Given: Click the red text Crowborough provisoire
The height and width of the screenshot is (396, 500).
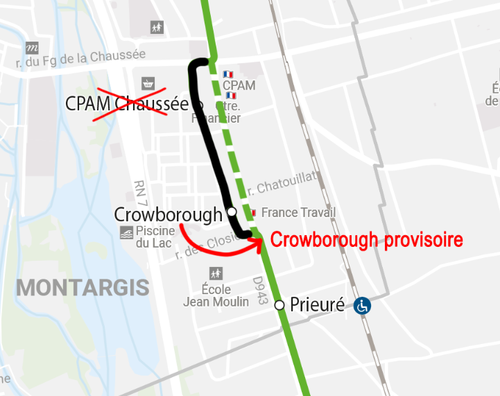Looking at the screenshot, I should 366,240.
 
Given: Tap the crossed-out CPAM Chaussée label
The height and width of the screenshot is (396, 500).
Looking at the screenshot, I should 127,104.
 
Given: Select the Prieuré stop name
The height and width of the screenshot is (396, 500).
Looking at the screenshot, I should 317,304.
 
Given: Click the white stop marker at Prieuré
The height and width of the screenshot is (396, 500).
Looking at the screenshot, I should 279,305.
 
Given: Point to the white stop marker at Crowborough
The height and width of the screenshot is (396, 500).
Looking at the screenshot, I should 232,212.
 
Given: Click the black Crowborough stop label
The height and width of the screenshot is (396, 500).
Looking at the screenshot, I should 168,215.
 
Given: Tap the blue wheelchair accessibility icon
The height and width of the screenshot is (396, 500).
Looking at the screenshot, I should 362,305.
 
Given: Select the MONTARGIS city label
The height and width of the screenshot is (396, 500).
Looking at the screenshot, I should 83,287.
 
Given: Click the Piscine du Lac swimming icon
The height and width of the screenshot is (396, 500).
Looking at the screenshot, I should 127,232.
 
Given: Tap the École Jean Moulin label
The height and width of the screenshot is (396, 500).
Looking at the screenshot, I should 216,295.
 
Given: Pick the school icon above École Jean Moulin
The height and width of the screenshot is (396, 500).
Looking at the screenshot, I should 216,274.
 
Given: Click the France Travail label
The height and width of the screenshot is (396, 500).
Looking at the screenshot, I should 298,213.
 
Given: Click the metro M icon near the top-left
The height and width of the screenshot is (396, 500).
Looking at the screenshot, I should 32,49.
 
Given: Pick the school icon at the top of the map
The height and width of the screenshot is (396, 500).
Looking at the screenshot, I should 157,28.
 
